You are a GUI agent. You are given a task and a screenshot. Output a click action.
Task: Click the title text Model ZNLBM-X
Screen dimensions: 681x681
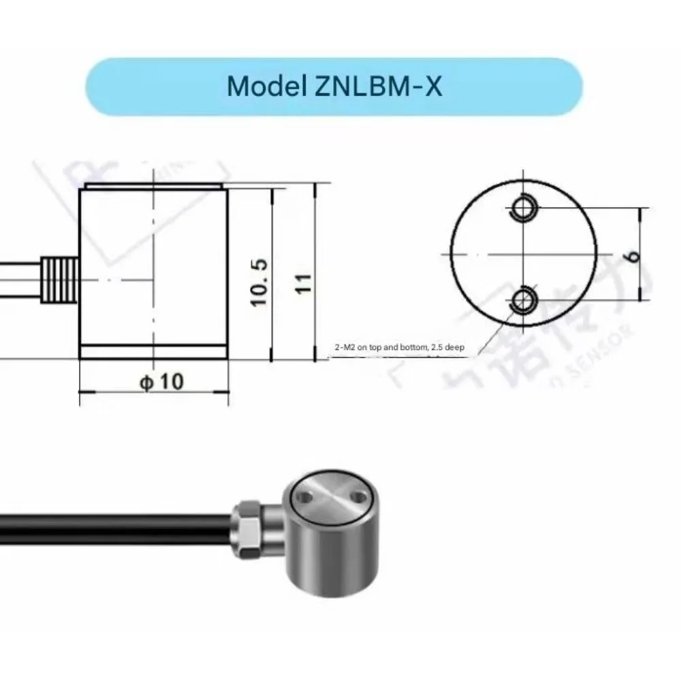(x=334, y=87)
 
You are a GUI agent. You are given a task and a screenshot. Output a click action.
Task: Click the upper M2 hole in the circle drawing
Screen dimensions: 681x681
(x=524, y=208)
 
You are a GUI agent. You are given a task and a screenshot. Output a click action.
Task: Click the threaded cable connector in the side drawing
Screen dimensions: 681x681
(x=60, y=279)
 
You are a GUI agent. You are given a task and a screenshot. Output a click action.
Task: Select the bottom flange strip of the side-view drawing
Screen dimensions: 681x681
(x=154, y=352)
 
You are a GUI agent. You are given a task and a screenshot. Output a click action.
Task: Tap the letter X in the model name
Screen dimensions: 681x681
(x=432, y=87)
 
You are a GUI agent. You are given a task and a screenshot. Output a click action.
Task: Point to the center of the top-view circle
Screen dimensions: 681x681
(x=523, y=253)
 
